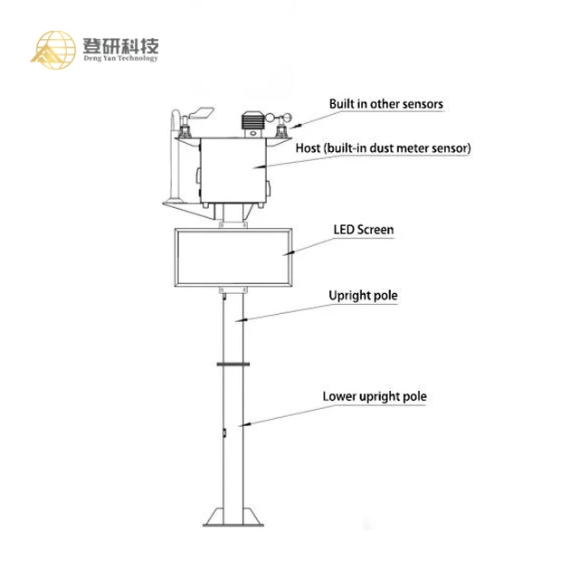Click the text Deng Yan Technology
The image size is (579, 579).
click(118, 59)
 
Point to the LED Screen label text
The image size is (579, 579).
click(364, 230)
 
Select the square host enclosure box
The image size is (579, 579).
click(234, 169)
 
